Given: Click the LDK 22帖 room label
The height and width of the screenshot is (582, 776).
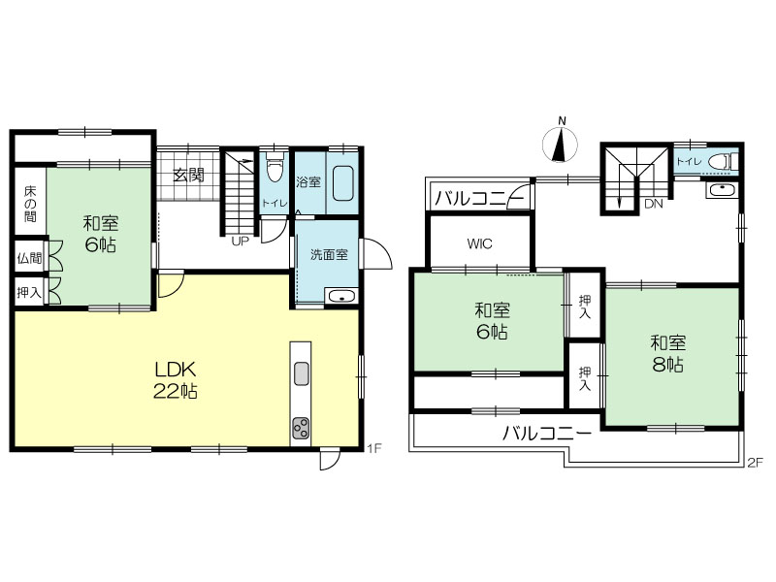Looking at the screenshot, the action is point(176,379).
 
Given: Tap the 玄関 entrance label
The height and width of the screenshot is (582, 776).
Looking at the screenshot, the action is point(188,175).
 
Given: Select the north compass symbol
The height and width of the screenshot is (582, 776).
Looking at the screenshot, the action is point(561,144).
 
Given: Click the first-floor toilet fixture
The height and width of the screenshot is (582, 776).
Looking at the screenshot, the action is point(275,167).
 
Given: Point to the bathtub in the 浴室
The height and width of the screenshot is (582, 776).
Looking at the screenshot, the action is point(342,183).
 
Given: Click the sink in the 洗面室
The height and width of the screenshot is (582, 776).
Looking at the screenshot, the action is point(341,297).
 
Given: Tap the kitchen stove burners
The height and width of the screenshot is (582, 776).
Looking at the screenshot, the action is point(301,428).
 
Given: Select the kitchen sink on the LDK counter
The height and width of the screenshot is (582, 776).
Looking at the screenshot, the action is point(301,373).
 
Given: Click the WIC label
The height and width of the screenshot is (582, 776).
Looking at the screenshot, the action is point(479,243).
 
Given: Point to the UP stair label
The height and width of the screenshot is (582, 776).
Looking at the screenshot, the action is point(240,242).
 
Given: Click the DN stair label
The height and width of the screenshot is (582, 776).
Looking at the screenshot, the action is point(653,204).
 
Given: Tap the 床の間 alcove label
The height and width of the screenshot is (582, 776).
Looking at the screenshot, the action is point(30,204).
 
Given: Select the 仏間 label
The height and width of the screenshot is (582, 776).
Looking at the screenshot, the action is point(29,258).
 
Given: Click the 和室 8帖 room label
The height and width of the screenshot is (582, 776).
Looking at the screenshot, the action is point(667,354).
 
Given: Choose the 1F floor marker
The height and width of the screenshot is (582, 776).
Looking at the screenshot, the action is point(374,448).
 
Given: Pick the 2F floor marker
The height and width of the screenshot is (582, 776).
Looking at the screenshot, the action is point(756,463).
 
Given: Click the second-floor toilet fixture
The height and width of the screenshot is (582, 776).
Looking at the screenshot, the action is point(723,161).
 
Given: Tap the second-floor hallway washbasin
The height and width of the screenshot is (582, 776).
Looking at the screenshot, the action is point(722,190).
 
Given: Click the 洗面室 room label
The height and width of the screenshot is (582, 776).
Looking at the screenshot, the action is point(329,255).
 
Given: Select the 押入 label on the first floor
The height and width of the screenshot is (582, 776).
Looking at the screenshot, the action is point(29,293).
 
